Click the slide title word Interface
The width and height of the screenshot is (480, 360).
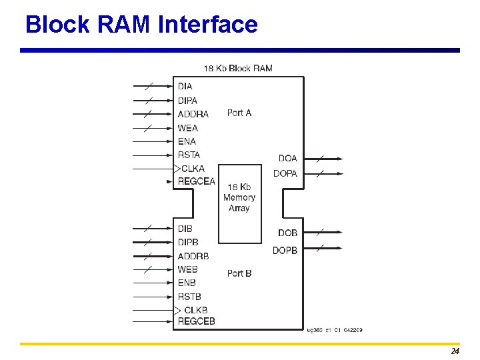pos(208,25)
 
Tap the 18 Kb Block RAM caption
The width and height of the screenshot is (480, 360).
pos(238,68)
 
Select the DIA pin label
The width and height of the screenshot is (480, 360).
pos(185,86)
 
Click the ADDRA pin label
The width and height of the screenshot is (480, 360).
pos(193,114)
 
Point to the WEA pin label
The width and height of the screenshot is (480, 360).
pos(187,128)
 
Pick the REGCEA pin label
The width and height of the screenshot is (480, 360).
pos(196,181)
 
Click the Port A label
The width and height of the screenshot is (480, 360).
pos(239,113)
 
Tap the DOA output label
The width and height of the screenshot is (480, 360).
pos(288,159)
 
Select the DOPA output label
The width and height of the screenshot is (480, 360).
pos(285,173)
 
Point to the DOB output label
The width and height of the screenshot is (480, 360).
pos(288,233)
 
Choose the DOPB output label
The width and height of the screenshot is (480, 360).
pos(285,250)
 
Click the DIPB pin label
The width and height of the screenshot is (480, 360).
pos(187,242)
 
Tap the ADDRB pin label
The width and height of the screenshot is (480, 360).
pos(193,256)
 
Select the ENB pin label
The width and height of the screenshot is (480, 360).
pos(187,283)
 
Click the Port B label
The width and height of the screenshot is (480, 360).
pos(239,273)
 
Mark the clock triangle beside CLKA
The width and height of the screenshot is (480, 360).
pos(177,169)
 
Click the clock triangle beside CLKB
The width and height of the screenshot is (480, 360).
pos(177,310)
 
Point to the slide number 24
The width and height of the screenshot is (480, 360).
pos(455,351)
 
